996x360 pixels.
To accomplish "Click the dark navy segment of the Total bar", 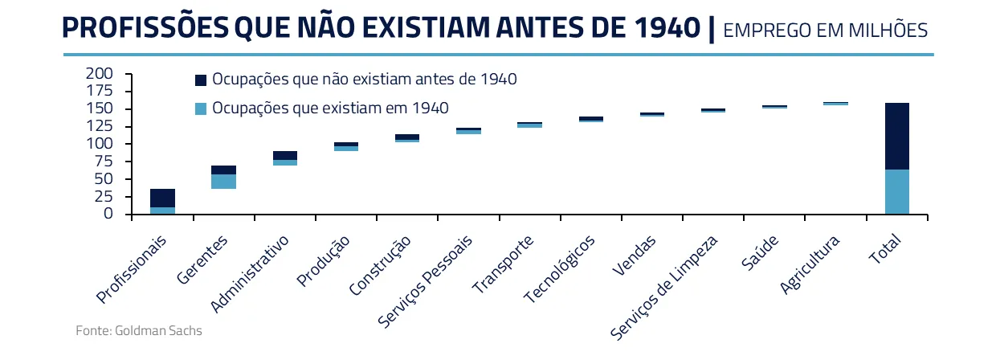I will (897, 136).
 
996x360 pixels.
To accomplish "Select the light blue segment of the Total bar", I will (897, 191).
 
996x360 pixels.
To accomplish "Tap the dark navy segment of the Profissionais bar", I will (162, 198).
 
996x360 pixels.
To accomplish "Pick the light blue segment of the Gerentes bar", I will (223, 182).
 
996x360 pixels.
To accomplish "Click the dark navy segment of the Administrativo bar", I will (285, 155).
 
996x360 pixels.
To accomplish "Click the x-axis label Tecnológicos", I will (561, 268).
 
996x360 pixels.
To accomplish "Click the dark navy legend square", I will (201, 80).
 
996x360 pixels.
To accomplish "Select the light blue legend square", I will (201, 108).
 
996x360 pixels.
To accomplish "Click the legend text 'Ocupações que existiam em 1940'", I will (330, 108).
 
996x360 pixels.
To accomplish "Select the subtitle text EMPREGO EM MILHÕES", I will (826, 31).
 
